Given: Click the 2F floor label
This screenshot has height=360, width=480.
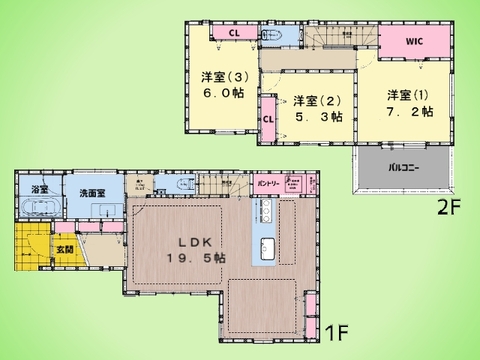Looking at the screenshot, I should [448, 209].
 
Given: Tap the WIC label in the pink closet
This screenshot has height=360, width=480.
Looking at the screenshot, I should [415, 43].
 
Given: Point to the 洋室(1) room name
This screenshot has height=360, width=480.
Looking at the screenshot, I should [407, 95].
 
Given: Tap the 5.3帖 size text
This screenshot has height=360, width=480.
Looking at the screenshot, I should [318, 117].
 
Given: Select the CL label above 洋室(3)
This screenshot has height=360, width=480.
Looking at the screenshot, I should [232, 34].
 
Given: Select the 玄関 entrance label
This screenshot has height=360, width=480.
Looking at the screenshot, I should [63, 248].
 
